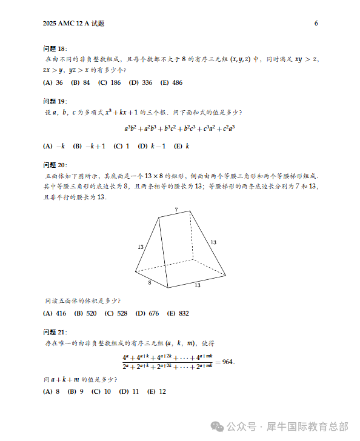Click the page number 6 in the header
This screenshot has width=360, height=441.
[316, 24]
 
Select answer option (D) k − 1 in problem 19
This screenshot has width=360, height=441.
[152, 146]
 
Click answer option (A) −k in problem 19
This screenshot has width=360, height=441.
[55, 146]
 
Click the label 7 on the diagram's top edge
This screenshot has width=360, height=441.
[176, 210]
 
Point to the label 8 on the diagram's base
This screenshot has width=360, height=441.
[150, 282]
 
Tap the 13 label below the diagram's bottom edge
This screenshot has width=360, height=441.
[198, 285]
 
